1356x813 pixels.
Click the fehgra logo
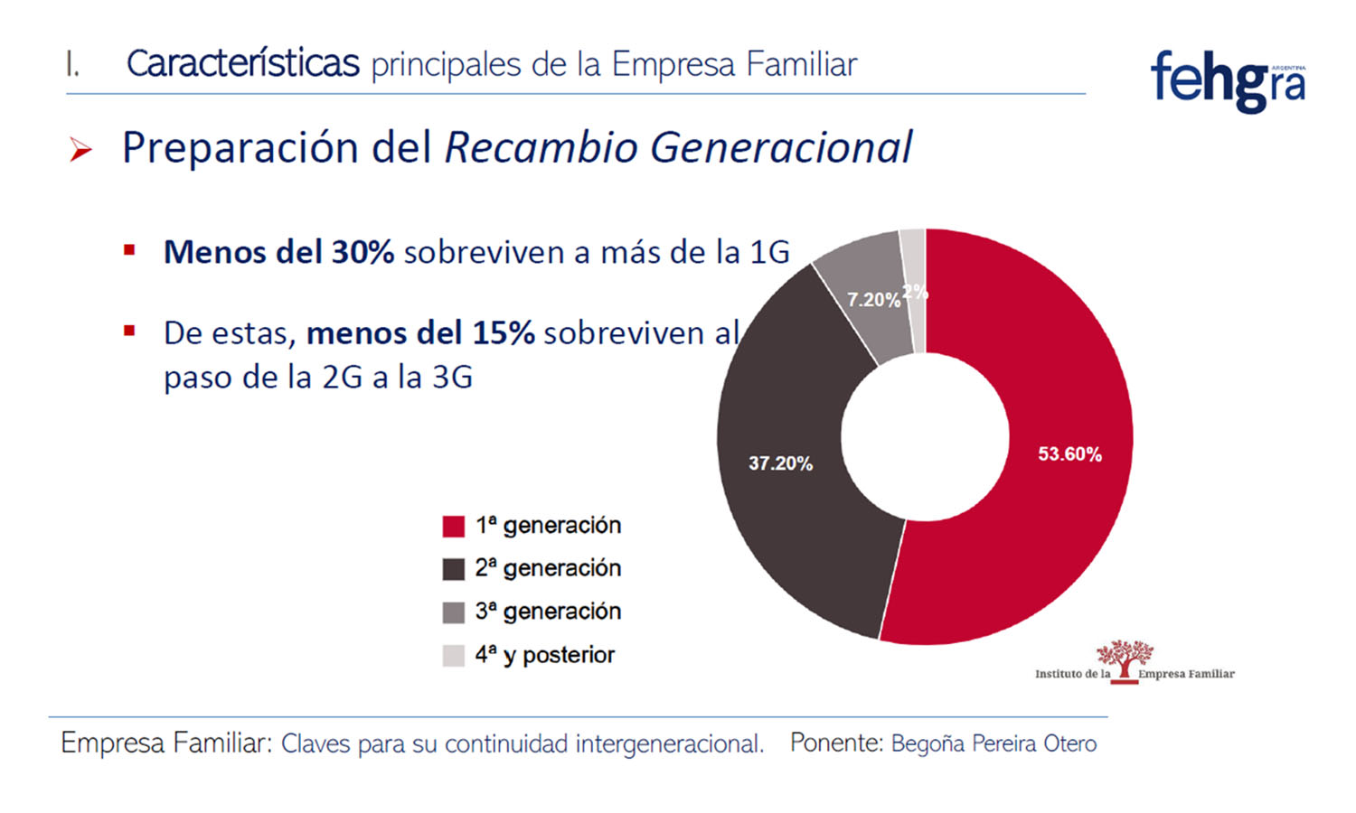tap(1228, 81)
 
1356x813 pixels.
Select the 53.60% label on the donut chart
tap(1069, 454)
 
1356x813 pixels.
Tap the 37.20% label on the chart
tap(780, 463)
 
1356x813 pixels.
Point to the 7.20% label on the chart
tap(873, 300)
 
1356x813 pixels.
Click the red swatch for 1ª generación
tap(453, 526)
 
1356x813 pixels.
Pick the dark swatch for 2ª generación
tap(453, 569)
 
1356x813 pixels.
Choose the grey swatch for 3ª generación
tap(453, 612)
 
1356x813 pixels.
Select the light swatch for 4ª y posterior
tap(453, 656)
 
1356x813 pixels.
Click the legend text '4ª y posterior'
tap(544, 655)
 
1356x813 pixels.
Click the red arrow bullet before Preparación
tap(81, 150)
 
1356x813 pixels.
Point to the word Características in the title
tap(242, 64)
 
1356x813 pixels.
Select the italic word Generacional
tap(781, 148)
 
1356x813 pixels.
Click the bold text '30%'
tap(362, 252)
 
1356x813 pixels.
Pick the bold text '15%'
tap(503, 333)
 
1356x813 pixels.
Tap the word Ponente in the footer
tap(835, 743)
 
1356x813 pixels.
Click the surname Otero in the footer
tap(1069, 743)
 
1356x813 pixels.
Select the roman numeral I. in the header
tap(72, 65)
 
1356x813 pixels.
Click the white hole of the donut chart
tap(925, 437)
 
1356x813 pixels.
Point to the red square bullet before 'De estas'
tap(129, 332)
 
